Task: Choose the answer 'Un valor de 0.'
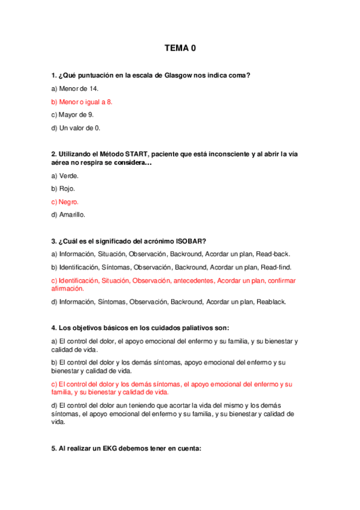tap(76, 127)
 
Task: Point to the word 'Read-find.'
tap(277, 267)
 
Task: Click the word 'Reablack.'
tap(271, 301)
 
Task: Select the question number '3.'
tap(53, 241)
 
